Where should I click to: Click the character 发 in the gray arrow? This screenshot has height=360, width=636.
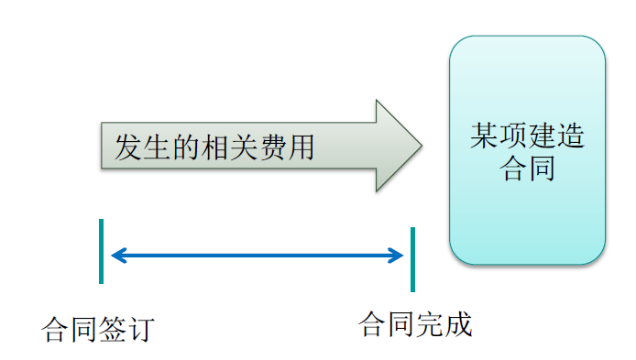(127, 147)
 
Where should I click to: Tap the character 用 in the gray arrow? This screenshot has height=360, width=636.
(299, 147)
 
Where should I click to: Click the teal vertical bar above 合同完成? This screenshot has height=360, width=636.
(412, 259)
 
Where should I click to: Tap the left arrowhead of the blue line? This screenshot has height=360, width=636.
(115, 256)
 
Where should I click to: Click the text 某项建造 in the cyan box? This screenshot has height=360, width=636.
(527, 137)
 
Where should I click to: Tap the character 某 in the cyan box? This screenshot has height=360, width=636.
(484, 137)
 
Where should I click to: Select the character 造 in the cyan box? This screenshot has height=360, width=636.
(570, 137)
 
